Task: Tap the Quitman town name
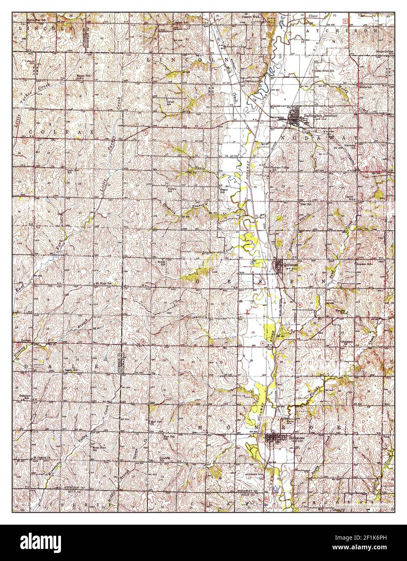[x=291, y=264]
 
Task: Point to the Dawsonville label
[x=255, y=81]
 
